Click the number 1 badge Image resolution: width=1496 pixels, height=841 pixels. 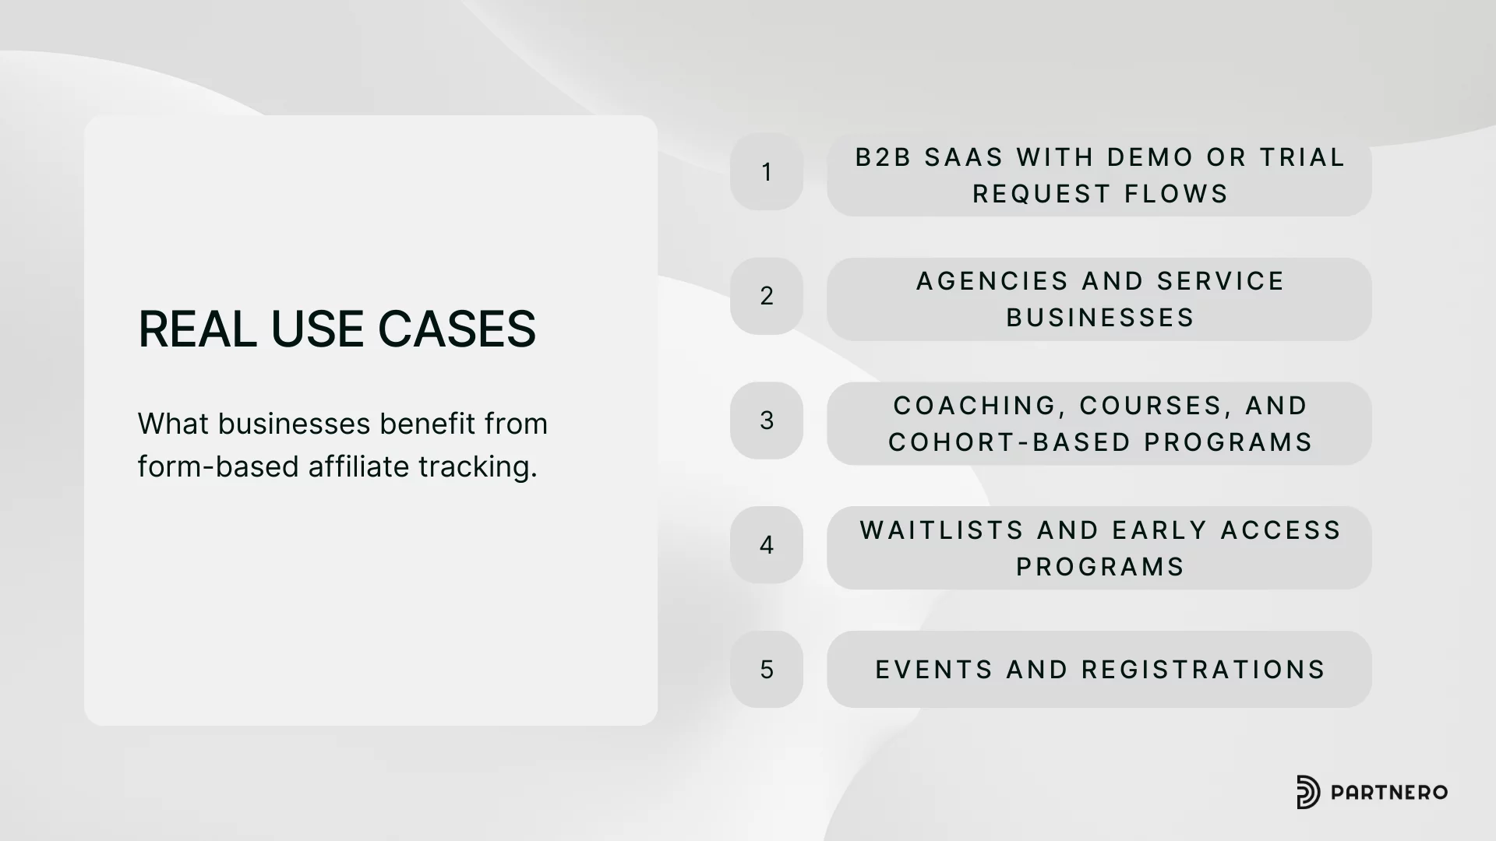[x=767, y=171]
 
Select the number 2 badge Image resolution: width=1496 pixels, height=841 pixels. [x=767, y=296]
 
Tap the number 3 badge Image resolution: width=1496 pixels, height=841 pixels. [x=767, y=420]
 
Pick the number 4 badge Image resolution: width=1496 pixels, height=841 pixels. [x=767, y=545]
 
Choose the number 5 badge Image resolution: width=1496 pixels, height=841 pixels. [x=767, y=670]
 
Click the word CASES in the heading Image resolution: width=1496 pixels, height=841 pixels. [x=457, y=329]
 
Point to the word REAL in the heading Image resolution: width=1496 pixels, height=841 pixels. [x=197, y=329]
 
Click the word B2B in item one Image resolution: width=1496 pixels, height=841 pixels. [x=884, y=157]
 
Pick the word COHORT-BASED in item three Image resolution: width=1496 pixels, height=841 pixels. [x=1010, y=442]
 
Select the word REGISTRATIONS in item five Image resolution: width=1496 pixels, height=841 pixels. [x=1203, y=670]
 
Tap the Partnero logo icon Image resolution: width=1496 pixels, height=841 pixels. [x=1308, y=793]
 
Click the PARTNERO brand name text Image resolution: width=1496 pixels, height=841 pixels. [x=1389, y=793]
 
